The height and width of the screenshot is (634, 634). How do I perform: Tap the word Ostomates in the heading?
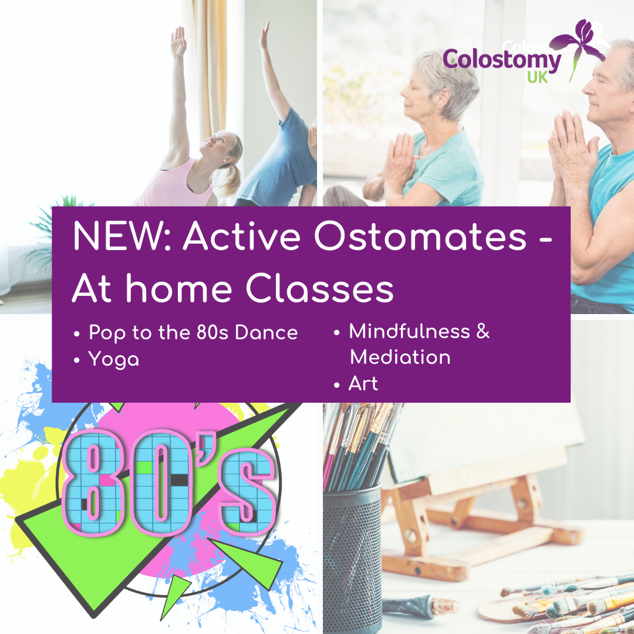coord(420,237)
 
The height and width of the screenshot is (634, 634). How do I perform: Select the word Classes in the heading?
coord(319,288)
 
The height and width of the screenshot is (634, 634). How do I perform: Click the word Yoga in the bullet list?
coord(114,359)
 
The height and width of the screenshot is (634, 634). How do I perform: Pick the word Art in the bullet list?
coord(363,383)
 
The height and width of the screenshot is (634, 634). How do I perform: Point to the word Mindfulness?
coord(409,331)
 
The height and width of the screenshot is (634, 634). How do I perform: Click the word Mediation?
coord(400,357)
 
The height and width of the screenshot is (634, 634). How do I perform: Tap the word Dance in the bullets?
coord(266,332)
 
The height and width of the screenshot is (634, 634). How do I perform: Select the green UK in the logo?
coord(538,77)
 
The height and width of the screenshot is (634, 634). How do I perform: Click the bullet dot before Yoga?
coord(77,360)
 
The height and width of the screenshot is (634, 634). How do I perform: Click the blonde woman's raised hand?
coord(178,41)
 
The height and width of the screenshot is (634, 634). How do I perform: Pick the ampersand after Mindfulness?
coord(483,331)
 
